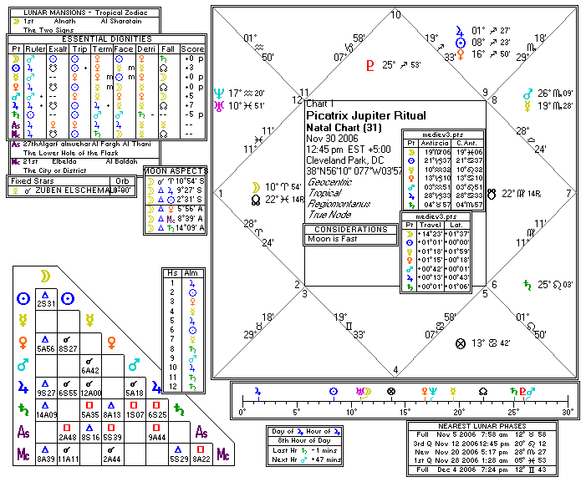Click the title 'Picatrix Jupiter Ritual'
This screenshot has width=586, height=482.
click(x=366, y=115)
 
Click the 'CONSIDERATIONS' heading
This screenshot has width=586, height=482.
click(x=350, y=228)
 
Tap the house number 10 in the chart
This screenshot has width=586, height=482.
click(x=395, y=14)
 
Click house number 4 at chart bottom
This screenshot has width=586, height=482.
click(x=395, y=369)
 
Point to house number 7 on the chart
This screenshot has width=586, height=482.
click(x=568, y=193)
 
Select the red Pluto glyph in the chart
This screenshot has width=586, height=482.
click(x=370, y=64)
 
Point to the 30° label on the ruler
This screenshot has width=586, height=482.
click(x=568, y=412)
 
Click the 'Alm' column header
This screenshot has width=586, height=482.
click(x=191, y=272)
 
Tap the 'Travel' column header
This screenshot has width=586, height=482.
click(x=429, y=225)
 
